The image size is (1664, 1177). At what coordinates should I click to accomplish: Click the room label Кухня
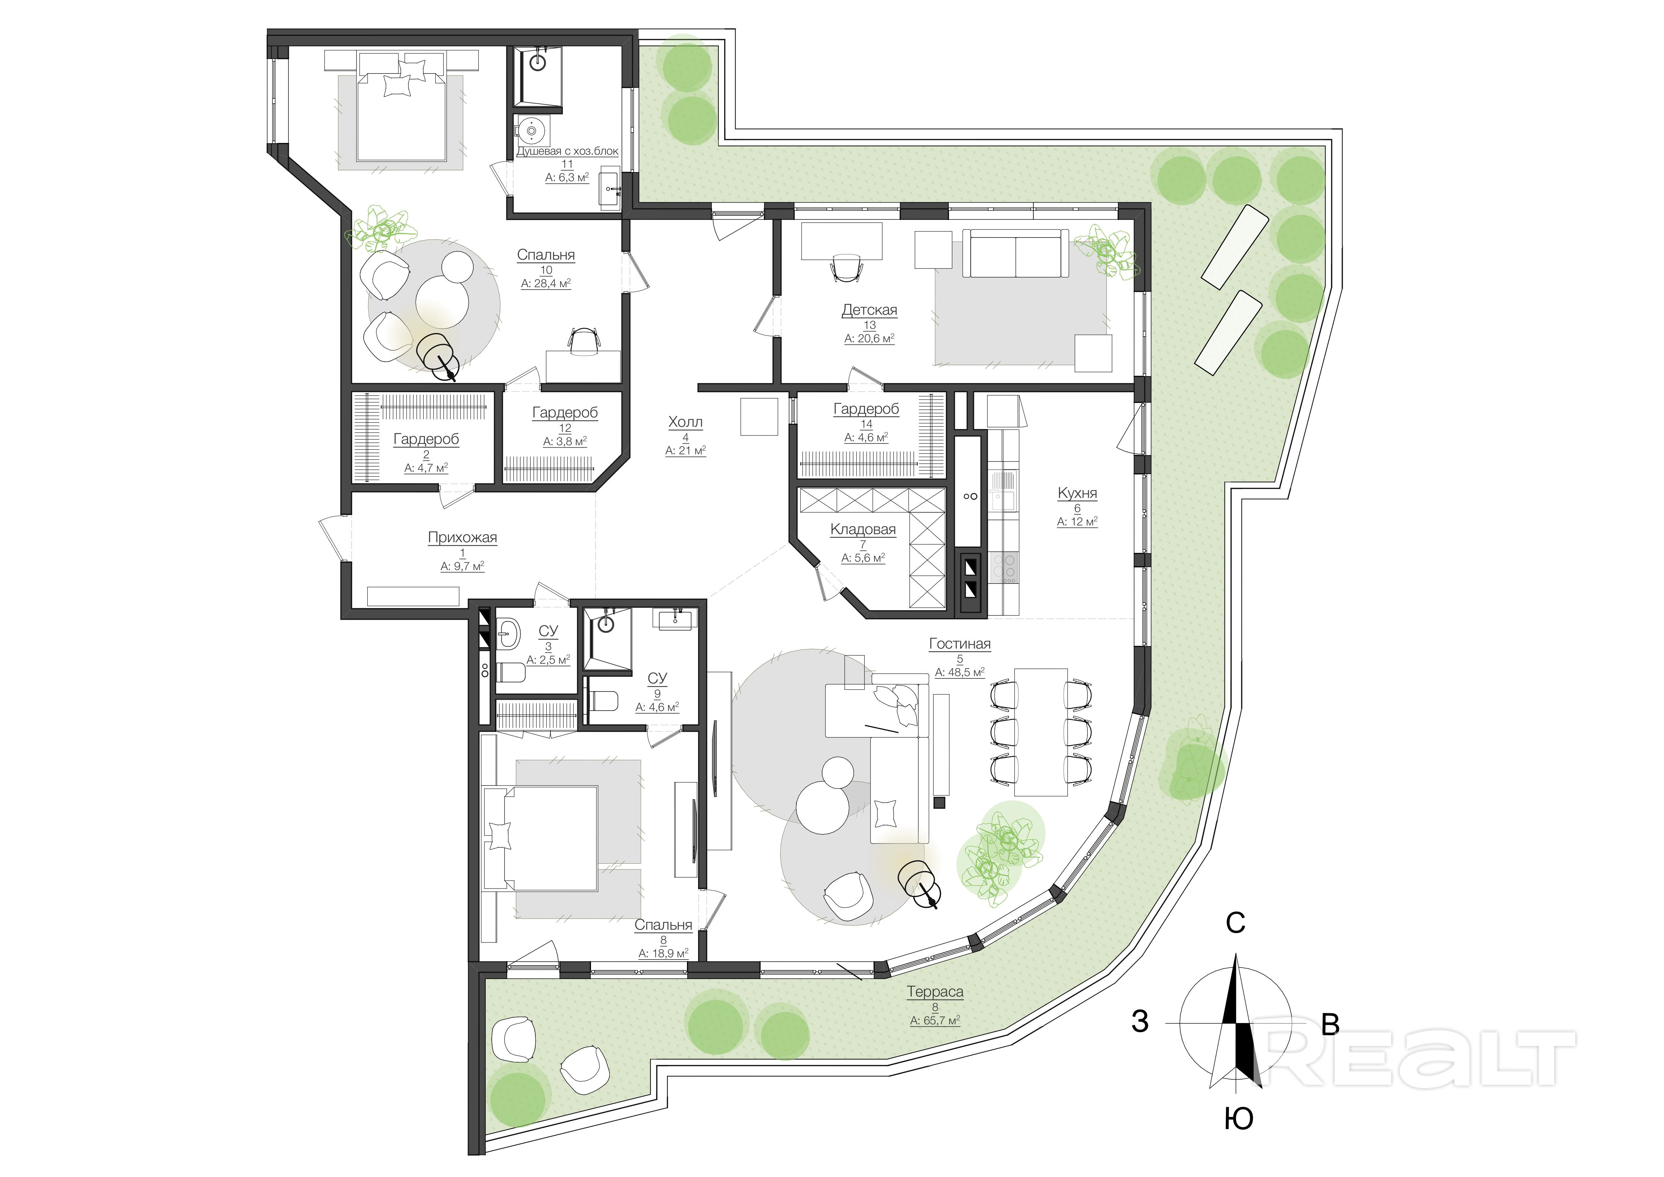click(1077, 493)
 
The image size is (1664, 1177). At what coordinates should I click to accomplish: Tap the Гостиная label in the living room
click(960, 644)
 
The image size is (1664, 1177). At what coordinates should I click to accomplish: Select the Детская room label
click(869, 310)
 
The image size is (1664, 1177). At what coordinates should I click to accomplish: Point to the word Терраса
click(935, 991)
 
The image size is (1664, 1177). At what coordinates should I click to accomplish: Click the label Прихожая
click(463, 538)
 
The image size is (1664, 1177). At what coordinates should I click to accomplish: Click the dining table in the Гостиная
click(1041, 732)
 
